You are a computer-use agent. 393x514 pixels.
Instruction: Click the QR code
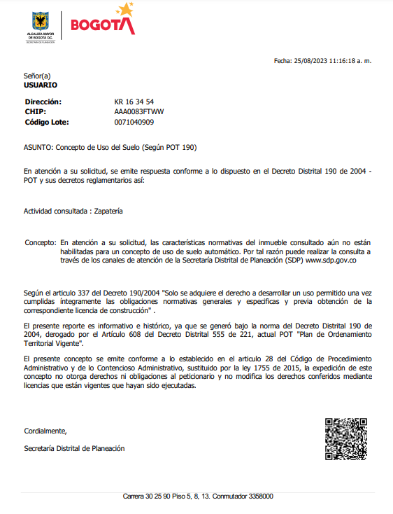pyautogui.click(x=346, y=438)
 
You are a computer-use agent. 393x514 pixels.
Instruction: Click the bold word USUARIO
pyautogui.click(x=41, y=85)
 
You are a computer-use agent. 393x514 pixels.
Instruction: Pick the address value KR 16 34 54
pyautogui.click(x=134, y=102)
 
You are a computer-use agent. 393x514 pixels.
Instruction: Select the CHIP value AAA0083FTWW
pyautogui.click(x=139, y=111)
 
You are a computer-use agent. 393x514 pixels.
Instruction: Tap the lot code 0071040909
pyautogui.click(x=134, y=122)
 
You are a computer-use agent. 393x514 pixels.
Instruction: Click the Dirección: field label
pyautogui.click(x=43, y=102)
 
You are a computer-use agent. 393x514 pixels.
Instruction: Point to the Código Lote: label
pyautogui.click(x=47, y=122)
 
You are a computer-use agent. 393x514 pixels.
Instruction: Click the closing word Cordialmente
pyautogui.click(x=45, y=431)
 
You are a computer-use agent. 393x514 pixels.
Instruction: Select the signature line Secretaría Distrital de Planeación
pyautogui.click(x=74, y=448)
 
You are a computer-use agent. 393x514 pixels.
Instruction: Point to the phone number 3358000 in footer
pyautogui.click(x=261, y=496)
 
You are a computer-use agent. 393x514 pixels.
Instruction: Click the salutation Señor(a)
pyautogui.click(x=37, y=76)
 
